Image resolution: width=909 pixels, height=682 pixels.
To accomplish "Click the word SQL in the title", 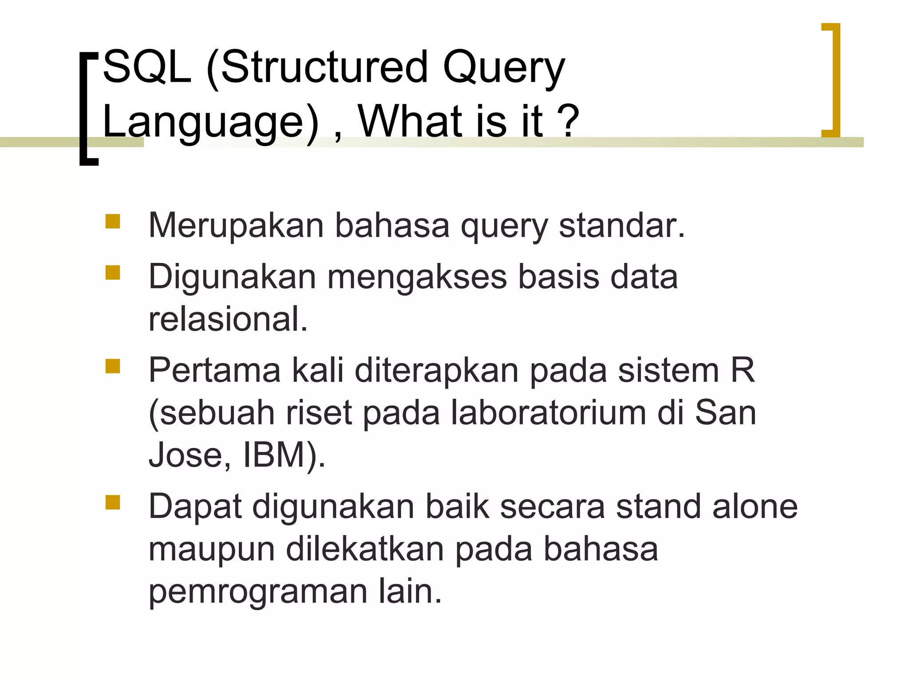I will click(x=147, y=68).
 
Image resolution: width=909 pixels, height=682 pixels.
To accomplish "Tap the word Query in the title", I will click(x=503, y=70).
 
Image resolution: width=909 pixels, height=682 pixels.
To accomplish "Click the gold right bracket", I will click(x=835, y=80).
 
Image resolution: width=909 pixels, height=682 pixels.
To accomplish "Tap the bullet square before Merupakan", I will click(x=113, y=221).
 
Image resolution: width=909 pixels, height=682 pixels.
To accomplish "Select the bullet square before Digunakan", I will click(x=113, y=272).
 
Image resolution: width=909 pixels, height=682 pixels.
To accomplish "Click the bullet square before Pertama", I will click(x=113, y=366).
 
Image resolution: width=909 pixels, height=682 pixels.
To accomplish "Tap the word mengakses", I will click(x=417, y=277).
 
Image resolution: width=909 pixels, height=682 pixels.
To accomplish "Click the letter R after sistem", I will click(x=743, y=370).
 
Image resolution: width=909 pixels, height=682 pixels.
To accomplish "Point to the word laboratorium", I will click(x=548, y=413).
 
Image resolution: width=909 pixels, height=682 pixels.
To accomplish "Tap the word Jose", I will click(x=189, y=455).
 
